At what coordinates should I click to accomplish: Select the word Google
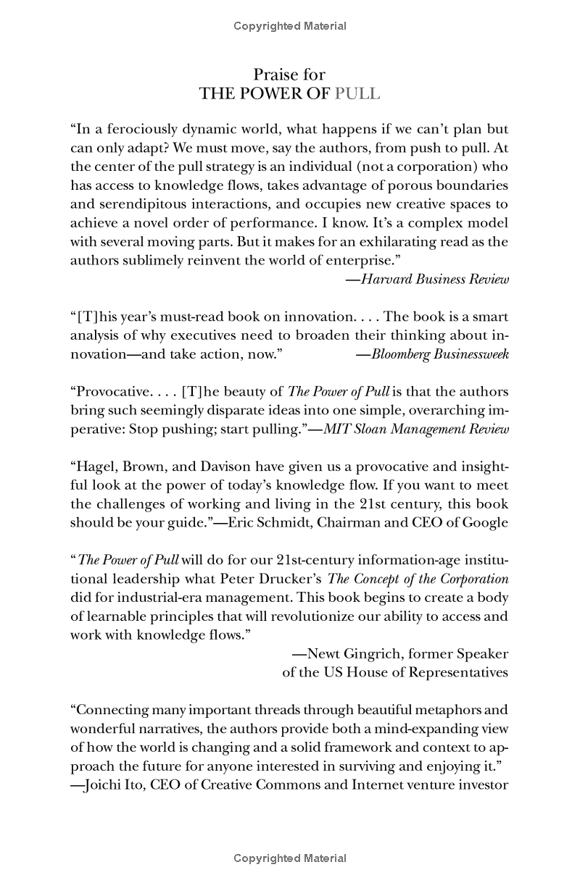pyautogui.click(x=485, y=522)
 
